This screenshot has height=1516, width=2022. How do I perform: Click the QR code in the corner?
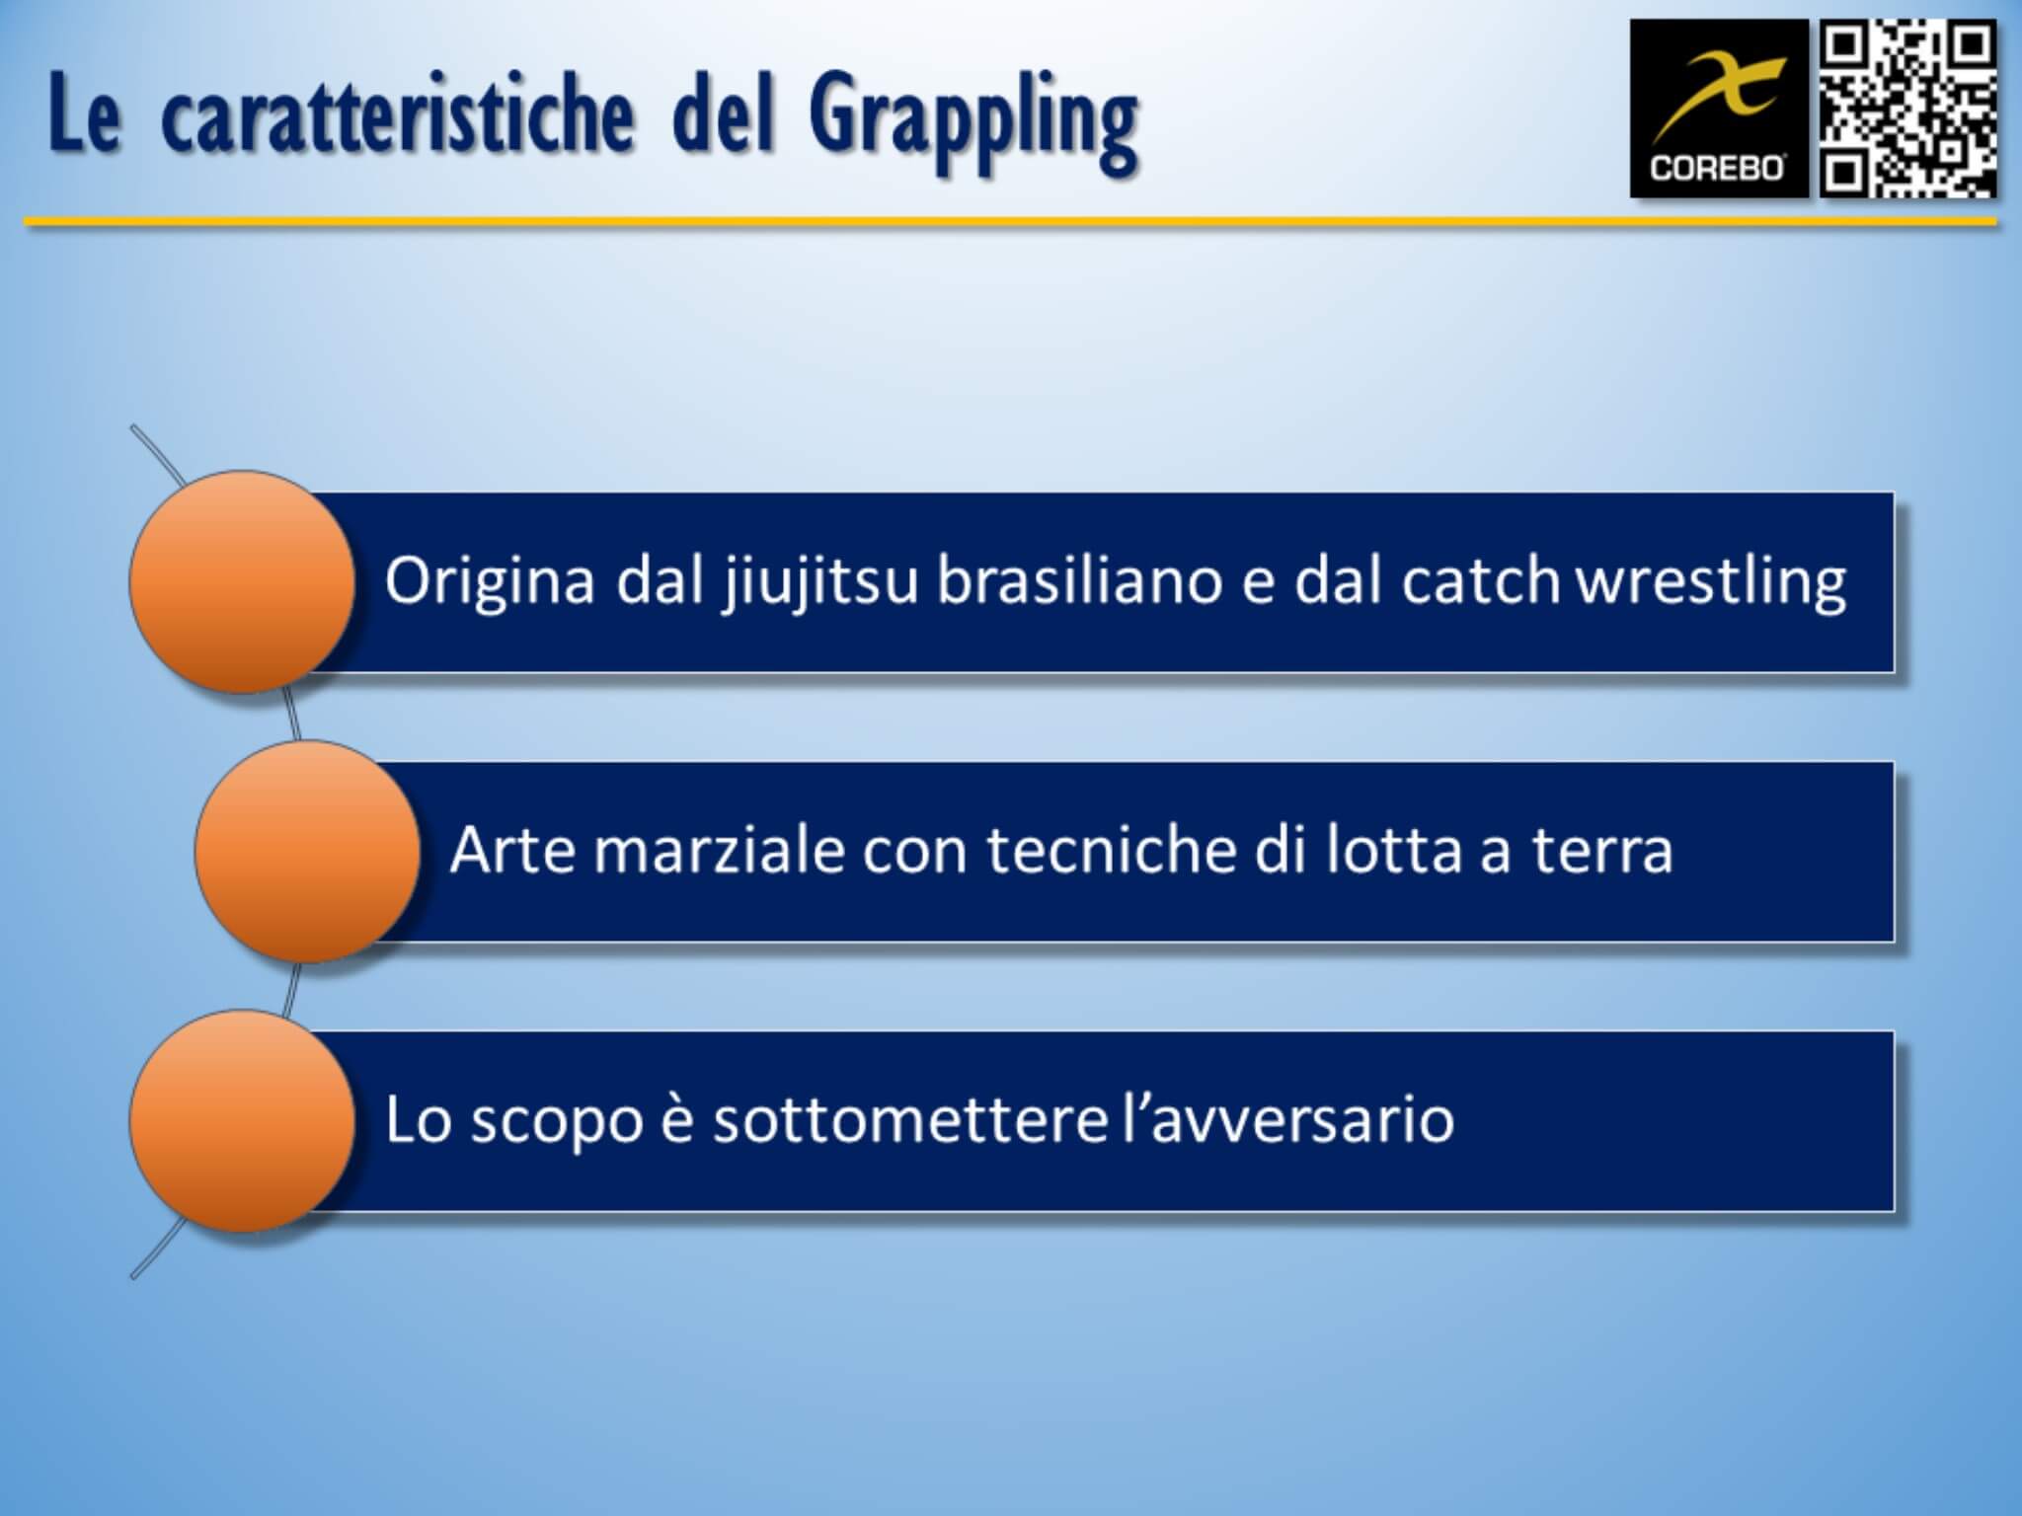pos(1907,108)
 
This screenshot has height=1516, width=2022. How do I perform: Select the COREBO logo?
pos(1719,108)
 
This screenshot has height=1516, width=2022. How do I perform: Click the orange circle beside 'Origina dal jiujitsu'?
pos(242,581)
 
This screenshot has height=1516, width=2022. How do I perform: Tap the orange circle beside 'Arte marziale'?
pos(307,851)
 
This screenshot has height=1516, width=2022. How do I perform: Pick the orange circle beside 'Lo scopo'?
pos(242,1120)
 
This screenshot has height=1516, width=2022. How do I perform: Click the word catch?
pos(1481,580)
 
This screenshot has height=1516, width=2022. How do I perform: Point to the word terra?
pos(1602,851)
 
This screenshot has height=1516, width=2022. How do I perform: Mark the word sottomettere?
pos(909,1120)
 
